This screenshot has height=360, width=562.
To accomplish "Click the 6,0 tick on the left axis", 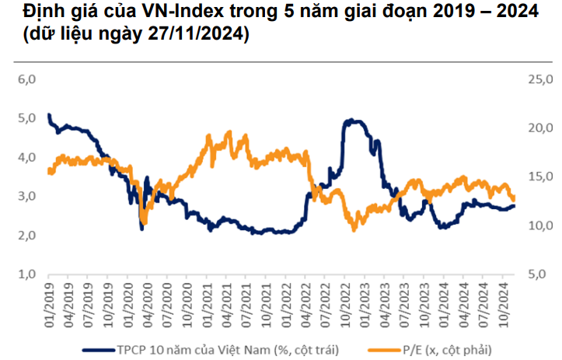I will click(27, 79).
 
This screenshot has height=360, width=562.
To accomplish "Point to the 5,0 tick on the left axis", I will click(27, 118).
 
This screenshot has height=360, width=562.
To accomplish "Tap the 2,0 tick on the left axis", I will click(27, 236).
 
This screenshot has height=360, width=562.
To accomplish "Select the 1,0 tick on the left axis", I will click(27, 274).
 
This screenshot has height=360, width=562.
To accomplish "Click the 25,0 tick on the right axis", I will click(539, 79).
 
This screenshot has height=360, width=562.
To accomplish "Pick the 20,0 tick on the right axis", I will click(539, 128).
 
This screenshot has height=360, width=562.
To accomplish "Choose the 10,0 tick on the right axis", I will click(539, 226).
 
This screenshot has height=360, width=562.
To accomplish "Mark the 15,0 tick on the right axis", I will click(539, 177).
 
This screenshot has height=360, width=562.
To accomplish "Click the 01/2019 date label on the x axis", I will click(48, 300).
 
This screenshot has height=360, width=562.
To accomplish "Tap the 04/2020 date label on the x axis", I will click(147, 300).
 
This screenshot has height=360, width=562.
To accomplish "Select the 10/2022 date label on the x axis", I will click(344, 300).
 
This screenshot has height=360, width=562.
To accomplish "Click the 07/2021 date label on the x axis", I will click(246, 300).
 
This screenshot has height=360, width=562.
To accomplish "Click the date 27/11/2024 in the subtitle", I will click(199, 35).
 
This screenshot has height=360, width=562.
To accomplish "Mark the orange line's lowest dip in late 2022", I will click(354, 229).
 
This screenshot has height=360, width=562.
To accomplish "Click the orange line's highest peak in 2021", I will click(229, 133).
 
